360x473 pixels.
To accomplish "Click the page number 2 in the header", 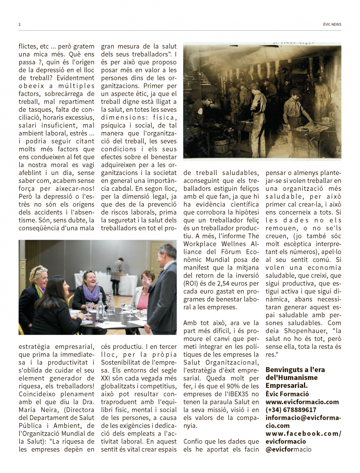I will (20, 24).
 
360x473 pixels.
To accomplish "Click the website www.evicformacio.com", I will (302, 402).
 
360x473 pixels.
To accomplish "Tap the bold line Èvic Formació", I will (287, 394).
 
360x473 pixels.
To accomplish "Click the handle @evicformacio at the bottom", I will (288, 449).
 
